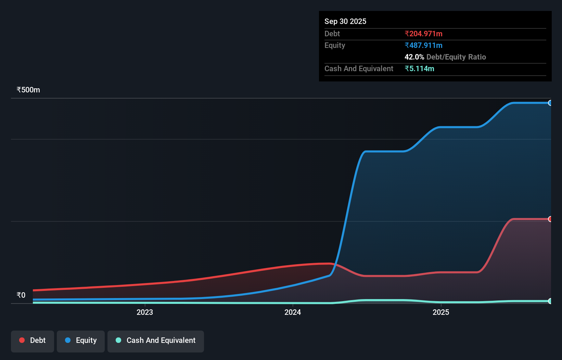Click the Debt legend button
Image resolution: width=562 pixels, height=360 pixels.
point(33,341)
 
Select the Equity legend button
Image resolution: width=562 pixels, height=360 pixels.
point(81,341)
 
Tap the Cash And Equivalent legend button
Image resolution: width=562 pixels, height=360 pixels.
point(156,341)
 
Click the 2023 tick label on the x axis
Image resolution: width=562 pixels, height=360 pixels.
point(145,312)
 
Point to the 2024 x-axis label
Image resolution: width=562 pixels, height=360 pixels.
point(293,312)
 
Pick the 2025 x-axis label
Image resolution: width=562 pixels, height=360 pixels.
point(441,312)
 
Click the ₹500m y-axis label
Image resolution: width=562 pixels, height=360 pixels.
point(28,90)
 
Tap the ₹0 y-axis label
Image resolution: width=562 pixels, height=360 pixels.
point(21,295)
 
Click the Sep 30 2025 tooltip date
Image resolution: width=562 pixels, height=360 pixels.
point(345,22)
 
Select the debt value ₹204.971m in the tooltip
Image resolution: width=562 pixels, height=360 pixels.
point(423,34)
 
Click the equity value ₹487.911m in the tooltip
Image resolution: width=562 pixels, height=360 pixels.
point(423,46)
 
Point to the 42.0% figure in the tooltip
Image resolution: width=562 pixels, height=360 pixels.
point(414,57)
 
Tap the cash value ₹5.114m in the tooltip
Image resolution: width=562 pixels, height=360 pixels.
point(419,69)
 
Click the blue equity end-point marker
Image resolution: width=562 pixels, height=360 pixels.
point(550,103)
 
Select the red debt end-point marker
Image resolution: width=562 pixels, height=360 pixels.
point(550,219)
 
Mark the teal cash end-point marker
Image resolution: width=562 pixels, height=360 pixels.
point(550,301)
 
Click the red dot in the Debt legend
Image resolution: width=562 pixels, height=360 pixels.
point(22,340)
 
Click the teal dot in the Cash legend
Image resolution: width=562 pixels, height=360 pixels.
point(118,340)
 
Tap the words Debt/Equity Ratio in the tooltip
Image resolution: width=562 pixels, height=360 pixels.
point(456,57)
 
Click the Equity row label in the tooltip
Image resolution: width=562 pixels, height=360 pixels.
point(335,46)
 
